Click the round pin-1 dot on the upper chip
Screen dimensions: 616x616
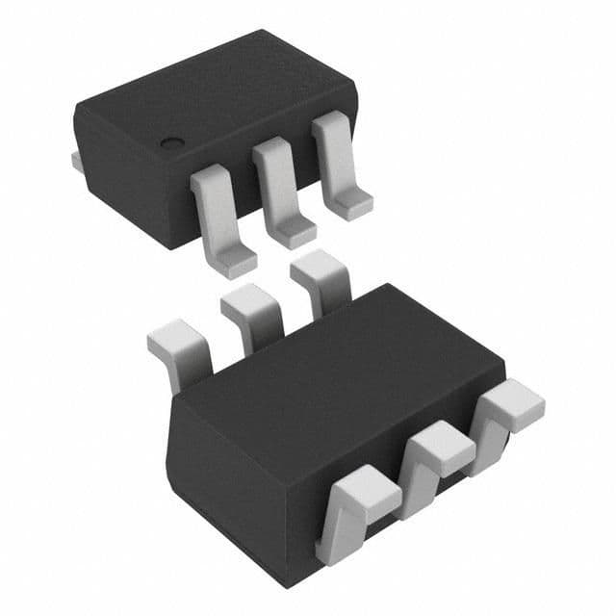(172, 144)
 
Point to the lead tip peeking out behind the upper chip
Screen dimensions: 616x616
(77, 162)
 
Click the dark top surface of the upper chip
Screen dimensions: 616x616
(212, 96)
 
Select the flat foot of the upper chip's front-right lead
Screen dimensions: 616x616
(350, 201)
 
